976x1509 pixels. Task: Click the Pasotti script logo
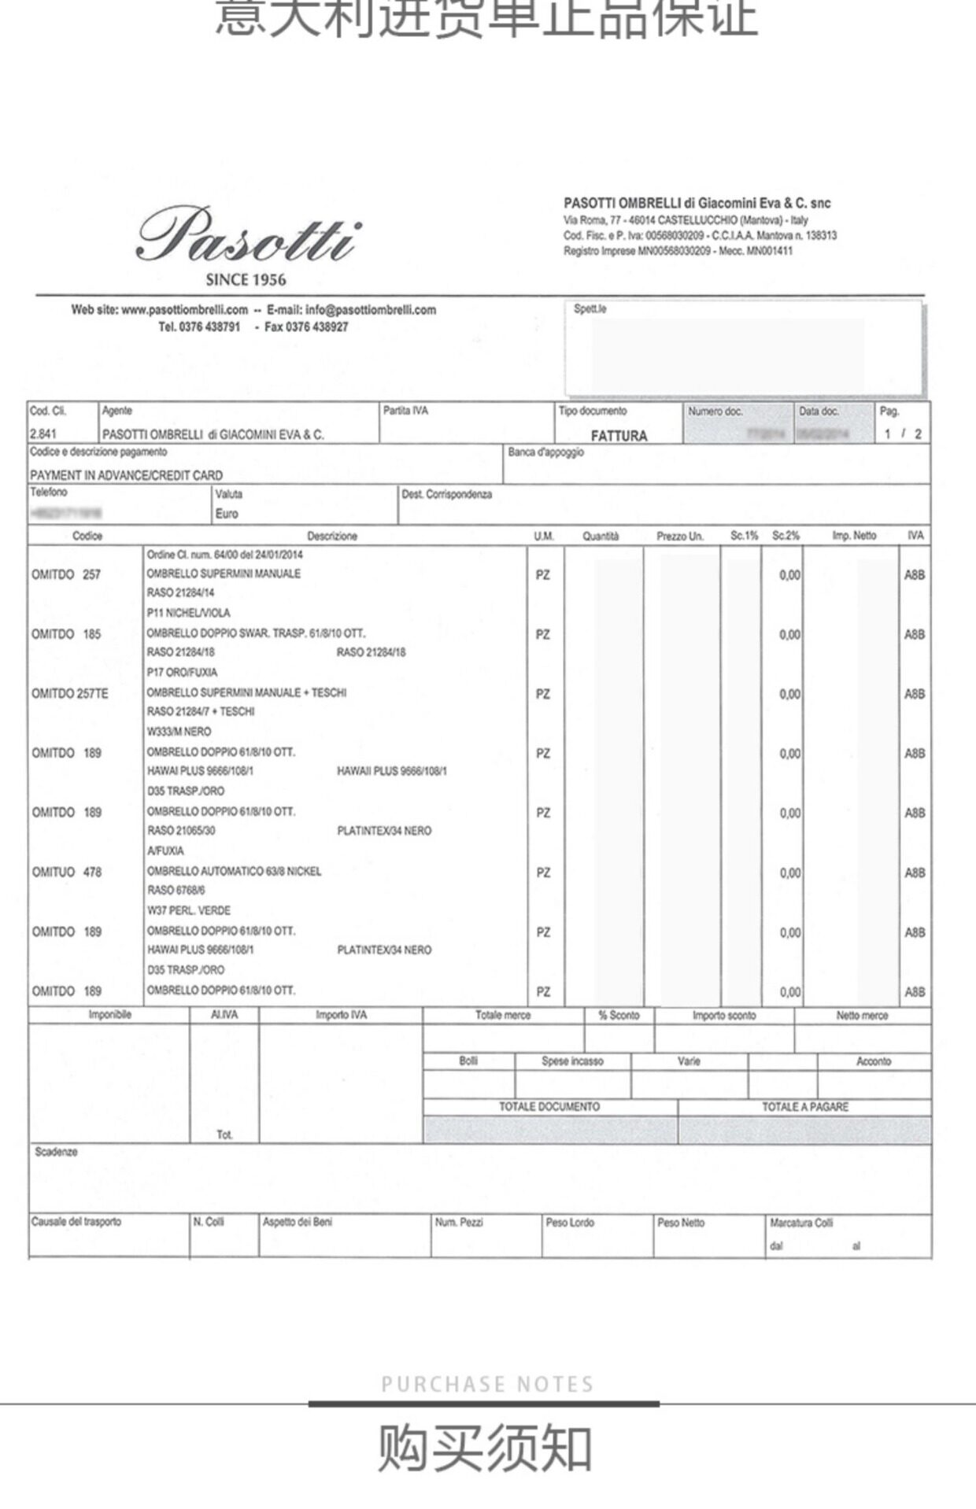pyautogui.click(x=248, y=234)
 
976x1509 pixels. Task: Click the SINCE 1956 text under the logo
pyautogui.click(x=246, y=279)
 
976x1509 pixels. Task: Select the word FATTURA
pyautogui.click(x=619, y=435)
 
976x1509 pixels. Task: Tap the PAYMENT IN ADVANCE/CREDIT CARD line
pyautogui.click(x=126, y=475)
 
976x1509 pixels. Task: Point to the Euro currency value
pyautogui.click(x=227, y=514)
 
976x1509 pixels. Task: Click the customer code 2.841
pyautogui.click(x=43, y=434)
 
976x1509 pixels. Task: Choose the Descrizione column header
pyautogui.click(x=331, y=536)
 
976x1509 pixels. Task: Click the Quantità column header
pyautogui.click(x=601, y=536)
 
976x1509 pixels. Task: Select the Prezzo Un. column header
pyautogui.click(x=679, y=536)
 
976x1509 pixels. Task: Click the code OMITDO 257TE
pyautogui.click(x=70, y=693)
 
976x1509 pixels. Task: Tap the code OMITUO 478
pyautogui.click(x=67, y=872)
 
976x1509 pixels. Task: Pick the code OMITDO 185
pyautogui.click(x=67, y=634)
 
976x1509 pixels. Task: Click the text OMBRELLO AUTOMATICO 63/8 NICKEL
pyautogui.click(x=234, y=871)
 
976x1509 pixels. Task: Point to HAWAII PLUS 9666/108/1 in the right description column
pyautogui.click(x=391, y=771)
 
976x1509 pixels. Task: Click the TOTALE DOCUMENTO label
pyautogui.click(x=549, y=1106)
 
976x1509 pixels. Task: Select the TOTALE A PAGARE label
pyautogui.click(x=804, y=1106)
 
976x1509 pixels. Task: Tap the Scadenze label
pyautogui.click(x=56, y=1152)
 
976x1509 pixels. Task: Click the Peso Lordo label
pyautogui.click(x=570, y=1222)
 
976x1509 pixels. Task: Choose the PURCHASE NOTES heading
pyautogui.click(x=487, y=1384)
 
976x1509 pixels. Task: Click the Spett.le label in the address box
pyautogui.click(x=590, y=308)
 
